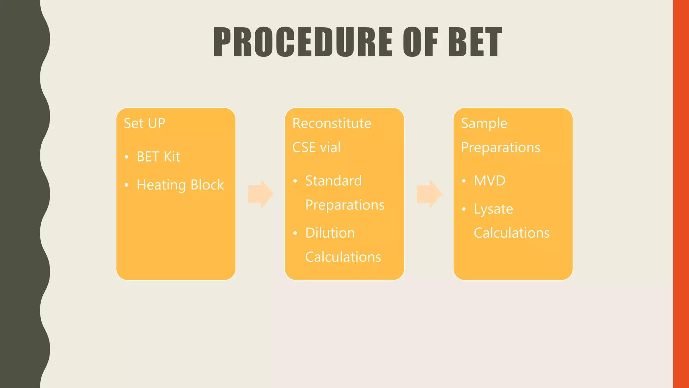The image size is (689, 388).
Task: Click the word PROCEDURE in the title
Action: click(303, 42)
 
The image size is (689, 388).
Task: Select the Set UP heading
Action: click(144, 123)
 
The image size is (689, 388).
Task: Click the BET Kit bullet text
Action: click(158, 157)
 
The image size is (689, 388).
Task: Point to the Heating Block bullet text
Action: click(180, 185)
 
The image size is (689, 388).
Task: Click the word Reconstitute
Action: click(331, 123)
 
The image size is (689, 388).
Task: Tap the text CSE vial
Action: click(316, 148)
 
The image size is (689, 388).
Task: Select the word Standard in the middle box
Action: click(333, 181)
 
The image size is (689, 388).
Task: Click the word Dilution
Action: click(330, 233)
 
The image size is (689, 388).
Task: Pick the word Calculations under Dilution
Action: click(343, 257)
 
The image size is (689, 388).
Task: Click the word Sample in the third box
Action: click(484, 123)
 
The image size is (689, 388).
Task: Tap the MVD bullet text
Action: click(489, 181)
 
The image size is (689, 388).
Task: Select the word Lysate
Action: click(493, 209)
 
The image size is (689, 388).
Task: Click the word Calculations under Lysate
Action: click(511, 233)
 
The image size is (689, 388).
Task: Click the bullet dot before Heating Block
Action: click(126, 185)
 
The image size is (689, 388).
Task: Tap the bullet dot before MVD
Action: click(464, 181)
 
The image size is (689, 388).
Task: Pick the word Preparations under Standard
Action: click(344, 205)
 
